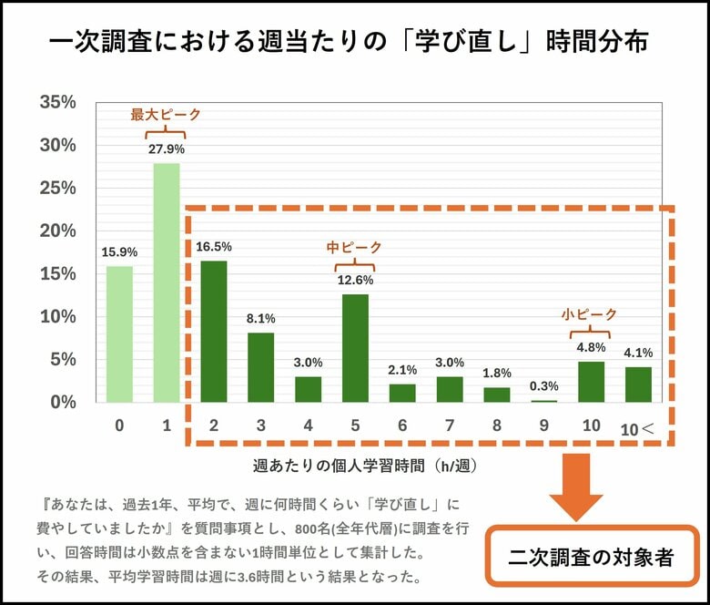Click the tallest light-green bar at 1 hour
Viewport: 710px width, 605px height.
pyautogui.click(x=167, y=282)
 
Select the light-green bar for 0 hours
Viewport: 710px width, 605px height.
pyautogui.click(x=119, y=333)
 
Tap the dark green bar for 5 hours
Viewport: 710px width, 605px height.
pyautogui.click(x=356, y=348)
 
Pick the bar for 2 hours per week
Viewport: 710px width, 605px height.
pyautogui.click(x=214, y=332)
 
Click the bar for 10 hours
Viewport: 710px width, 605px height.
pyautogui.click(x=592, y=382)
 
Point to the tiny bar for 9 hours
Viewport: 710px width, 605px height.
pyautogui.click(x=544, y=401)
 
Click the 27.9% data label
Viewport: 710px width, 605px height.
pyautogui.click(x=167, y=149)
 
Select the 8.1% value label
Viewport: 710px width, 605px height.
pyautogui.click(x=261, y=318)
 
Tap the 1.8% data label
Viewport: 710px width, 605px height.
pyautogui.click(x=497, y=373)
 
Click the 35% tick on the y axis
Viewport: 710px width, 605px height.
pyautogui.click(x=57, y=103)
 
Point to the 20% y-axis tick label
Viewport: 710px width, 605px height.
pyautogui.click(x=57, y=231)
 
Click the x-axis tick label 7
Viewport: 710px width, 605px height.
pyautogui.click(x=450, y=426)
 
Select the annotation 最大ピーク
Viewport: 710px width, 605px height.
pyautogui.click(x=165, y=115)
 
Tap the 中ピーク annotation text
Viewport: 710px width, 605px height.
pyautogui.click(x=354, y=247)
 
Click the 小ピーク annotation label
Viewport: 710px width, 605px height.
pyautogui.click(x=589, y=314)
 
